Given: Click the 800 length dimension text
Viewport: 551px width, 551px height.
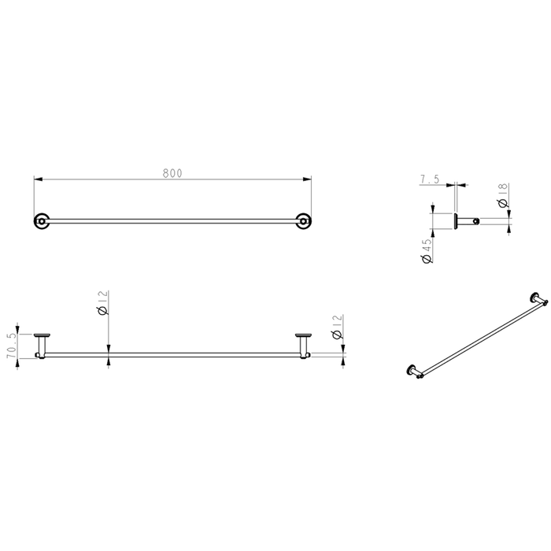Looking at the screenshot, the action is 172,173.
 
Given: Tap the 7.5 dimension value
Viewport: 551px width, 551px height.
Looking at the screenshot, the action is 430,179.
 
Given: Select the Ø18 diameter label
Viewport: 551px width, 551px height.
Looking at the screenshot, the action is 503,195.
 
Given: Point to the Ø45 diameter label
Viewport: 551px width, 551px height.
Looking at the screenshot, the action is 427,251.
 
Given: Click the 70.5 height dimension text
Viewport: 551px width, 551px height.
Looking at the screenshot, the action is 12,346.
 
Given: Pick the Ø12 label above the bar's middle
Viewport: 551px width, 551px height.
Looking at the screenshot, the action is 103,302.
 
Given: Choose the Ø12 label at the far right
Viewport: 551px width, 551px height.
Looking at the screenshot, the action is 338,327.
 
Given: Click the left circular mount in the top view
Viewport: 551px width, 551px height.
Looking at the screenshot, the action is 42,221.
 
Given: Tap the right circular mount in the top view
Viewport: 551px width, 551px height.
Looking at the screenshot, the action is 303,221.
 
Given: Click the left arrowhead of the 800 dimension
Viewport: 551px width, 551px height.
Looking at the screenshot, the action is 38,179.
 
